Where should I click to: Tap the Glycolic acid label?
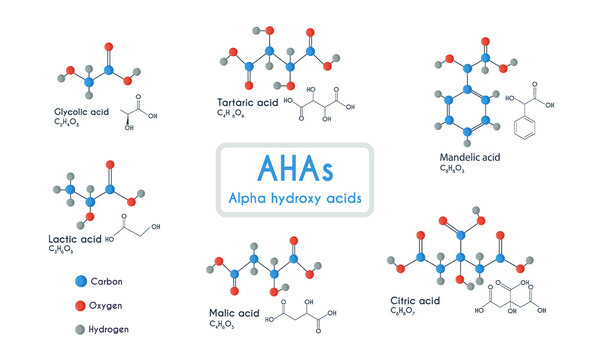pos(82,111)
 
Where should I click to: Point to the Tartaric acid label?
pos(249,102)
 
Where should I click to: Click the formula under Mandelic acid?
pos(453,170)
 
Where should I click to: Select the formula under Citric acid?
pos(404,313)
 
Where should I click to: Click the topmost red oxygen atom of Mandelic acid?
pos(486,42)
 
